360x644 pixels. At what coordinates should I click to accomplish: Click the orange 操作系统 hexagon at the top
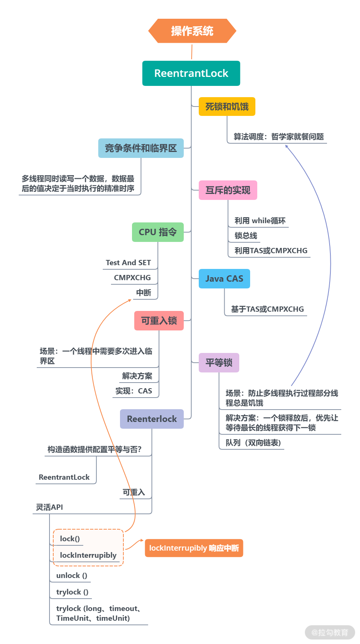coord(192,31)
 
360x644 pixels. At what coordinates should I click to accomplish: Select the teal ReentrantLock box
coord(191,73)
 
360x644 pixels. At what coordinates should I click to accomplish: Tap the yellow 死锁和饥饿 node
coord(227,107)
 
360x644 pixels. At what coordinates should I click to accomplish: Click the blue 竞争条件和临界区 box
coord(141,148)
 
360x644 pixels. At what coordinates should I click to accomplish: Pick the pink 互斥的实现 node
coord(228,190)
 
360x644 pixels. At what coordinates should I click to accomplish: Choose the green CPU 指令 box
coord(157,232)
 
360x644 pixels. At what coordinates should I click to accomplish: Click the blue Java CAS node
coord(224,279)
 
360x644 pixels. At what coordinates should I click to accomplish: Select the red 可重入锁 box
coord(159,321)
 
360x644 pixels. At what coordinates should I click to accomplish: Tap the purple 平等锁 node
coord(219,363)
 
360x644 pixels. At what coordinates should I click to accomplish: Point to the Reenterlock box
coord(151,419)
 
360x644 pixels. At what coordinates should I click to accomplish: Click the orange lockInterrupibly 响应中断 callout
coord(194,548)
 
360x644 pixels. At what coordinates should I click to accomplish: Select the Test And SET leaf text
coord(128,263)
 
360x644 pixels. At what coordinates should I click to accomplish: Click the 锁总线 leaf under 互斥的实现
coord(246,236)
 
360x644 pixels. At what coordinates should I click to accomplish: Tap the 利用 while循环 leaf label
coord(260,221)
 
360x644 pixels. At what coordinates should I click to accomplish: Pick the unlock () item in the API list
coord(72,575)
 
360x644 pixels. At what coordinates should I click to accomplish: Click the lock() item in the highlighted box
coord(70,539)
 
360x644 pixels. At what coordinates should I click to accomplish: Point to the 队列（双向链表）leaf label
coord(253,443)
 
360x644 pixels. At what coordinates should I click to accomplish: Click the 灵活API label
coord(49,507)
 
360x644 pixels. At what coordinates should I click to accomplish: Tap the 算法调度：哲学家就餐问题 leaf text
coord(279,137)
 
